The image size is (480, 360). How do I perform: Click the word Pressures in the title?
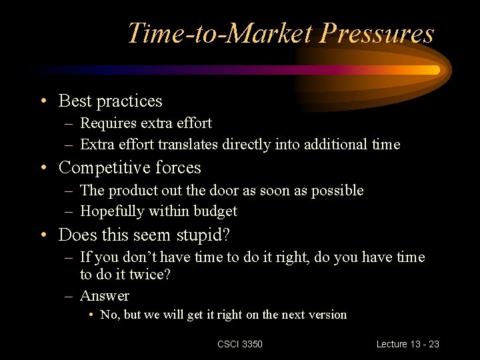click(x=377, y=33)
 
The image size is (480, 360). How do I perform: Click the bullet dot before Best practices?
click(x=43, y=102)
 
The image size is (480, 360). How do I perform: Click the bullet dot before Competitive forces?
click(x=43, y=168)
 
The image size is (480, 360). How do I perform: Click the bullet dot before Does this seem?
click(x=43, y=235)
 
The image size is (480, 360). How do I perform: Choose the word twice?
click(x=150, y=274)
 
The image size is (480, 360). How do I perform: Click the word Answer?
click(x=105, y=295)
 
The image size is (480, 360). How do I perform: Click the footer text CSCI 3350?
click(x=240, y=344)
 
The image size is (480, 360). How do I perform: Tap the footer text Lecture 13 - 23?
click(x=407, y=344)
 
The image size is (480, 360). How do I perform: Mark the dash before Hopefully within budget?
click(x=69, y=212)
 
